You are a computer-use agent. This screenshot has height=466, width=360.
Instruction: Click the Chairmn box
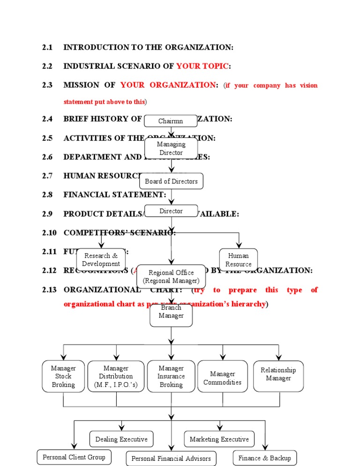tap(170, 121)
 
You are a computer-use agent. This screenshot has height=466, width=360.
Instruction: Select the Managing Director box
tap(171, 149)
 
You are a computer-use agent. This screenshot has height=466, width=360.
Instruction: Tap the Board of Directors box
tap(171, 181)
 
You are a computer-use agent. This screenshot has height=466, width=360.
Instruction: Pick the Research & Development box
tap(101, 259)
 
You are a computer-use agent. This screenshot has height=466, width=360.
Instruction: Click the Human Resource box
tap(238, 260)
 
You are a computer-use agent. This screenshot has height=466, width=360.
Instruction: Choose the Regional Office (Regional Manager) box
tap(171, 277)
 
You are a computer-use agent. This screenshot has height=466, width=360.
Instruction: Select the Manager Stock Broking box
tap(63, 376)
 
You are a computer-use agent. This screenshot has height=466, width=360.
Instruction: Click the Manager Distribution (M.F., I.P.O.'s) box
tap(116, 376)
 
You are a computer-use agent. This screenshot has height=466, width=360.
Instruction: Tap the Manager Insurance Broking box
tap(171, 376)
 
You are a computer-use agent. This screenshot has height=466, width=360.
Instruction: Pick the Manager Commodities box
tap(223, 376)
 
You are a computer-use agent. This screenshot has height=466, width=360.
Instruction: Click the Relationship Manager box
tap(278, 376)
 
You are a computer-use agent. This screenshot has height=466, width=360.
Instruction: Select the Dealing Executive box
tap(121, 439)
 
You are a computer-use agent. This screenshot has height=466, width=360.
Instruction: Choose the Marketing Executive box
tap(219, 439)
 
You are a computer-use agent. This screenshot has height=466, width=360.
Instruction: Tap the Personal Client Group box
tap(71, 457)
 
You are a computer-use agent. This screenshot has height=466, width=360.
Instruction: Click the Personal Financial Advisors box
tap(171, 458)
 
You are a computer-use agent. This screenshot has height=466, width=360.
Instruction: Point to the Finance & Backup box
tap(264, 458)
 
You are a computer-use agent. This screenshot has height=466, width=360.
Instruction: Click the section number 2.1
tap(47, 47)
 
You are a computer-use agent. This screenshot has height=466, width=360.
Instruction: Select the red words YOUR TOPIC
tap(202, 66)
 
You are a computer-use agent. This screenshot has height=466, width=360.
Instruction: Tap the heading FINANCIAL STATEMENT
tap(115, 194)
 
